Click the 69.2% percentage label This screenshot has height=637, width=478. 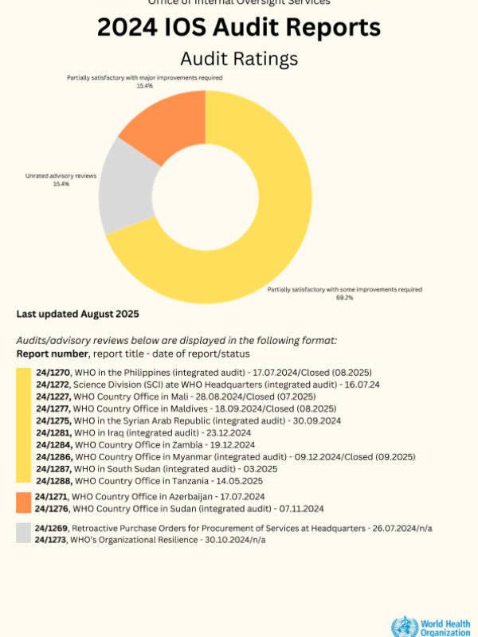(x=344, y=297)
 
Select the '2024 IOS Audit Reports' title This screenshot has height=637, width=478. (x=238, y=28)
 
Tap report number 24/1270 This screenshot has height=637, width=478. (x=53, y=372)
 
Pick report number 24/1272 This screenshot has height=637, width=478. (x=53, y=384)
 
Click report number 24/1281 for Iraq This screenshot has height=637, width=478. (x=53, y=432)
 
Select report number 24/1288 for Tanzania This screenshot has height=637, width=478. (x=53, y=480)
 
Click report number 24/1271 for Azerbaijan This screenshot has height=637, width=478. (x=53, y=496)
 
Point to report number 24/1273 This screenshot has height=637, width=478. (x=53, y=540)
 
